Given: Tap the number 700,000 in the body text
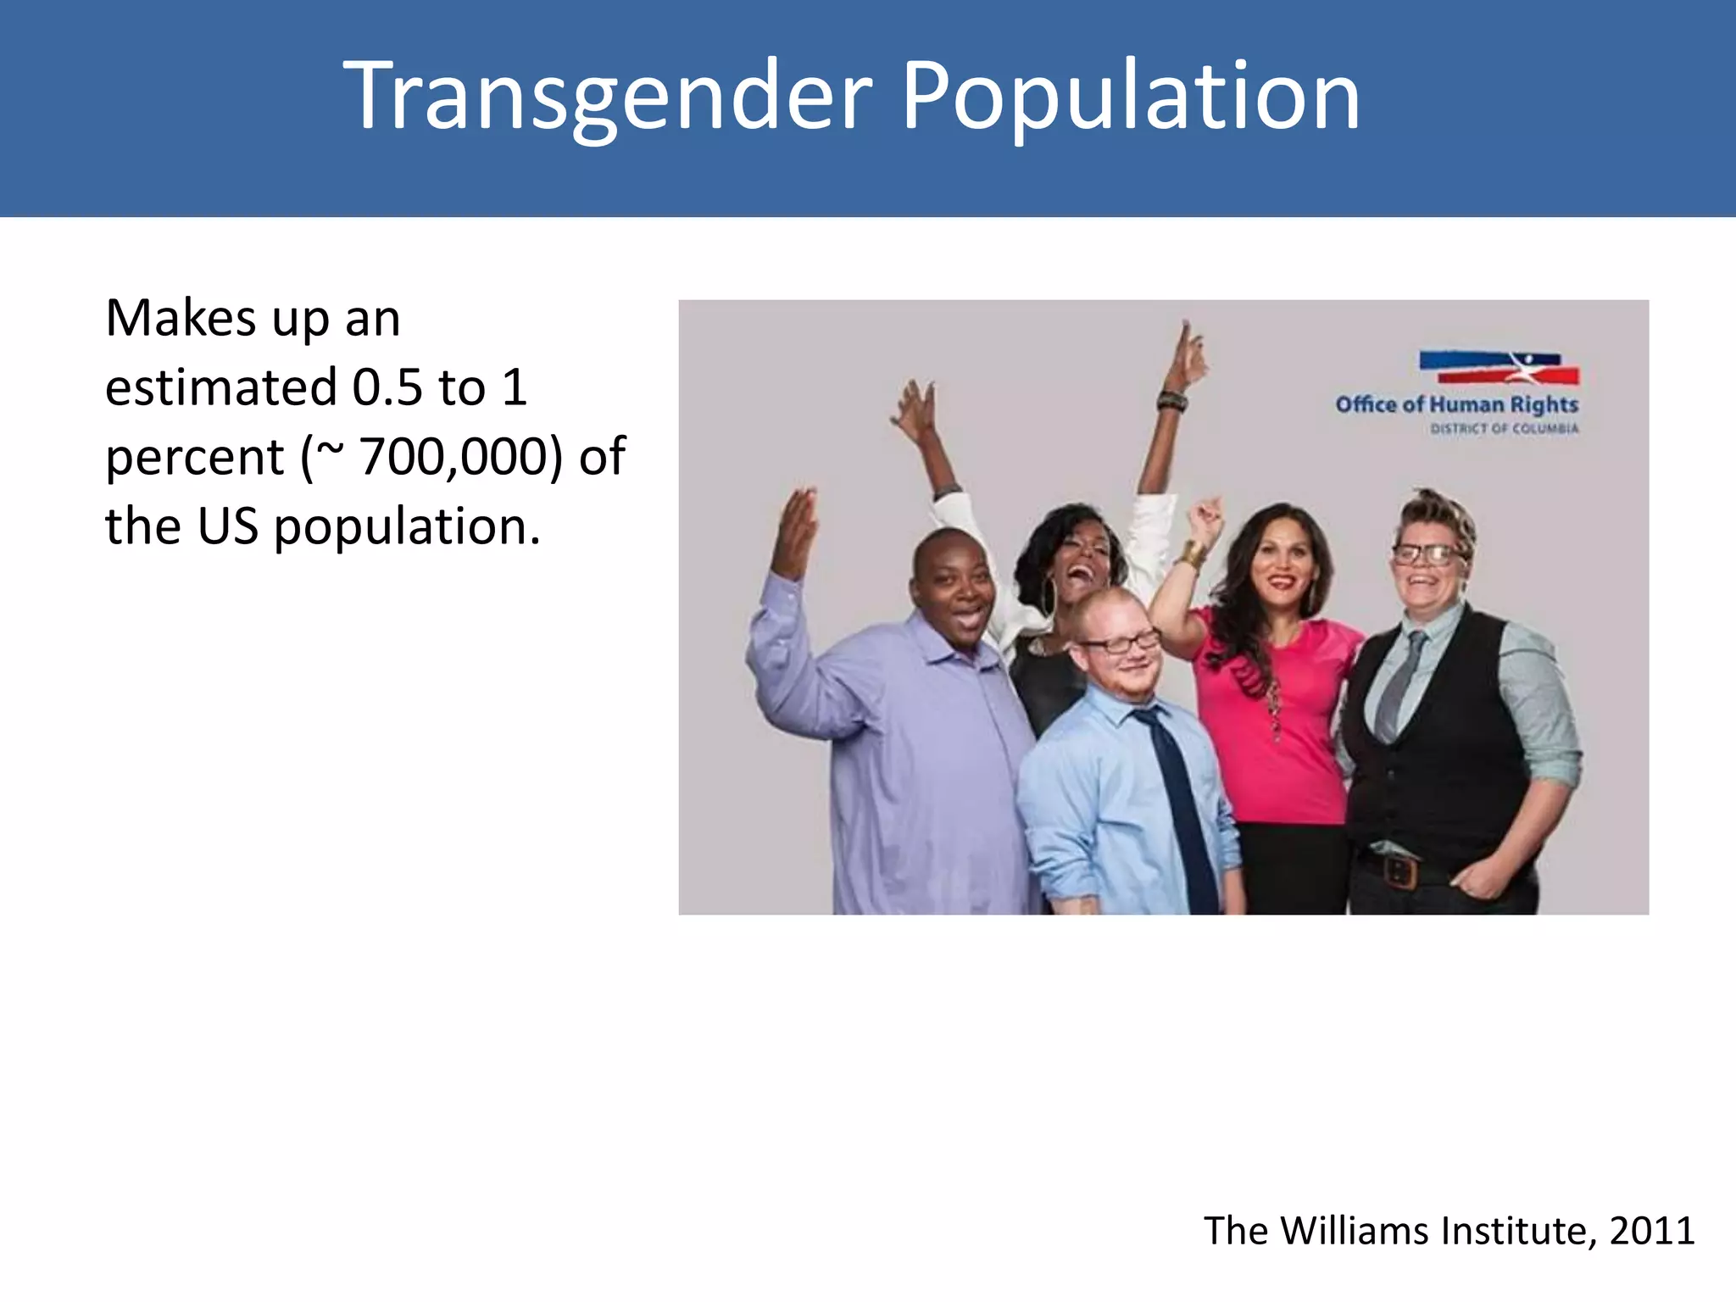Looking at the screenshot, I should tap(460, 457).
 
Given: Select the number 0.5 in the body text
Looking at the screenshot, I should tap(387, 387).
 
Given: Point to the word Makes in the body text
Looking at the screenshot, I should tap(181, 319).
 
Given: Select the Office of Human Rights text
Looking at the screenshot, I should tap(1456, 404).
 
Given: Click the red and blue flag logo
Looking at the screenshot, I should tap(1499, 368).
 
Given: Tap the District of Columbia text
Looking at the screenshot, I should tap(1505, 429).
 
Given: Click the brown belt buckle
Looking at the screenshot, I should tap(1399, 871).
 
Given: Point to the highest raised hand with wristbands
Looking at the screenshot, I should tap(1188, 356).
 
